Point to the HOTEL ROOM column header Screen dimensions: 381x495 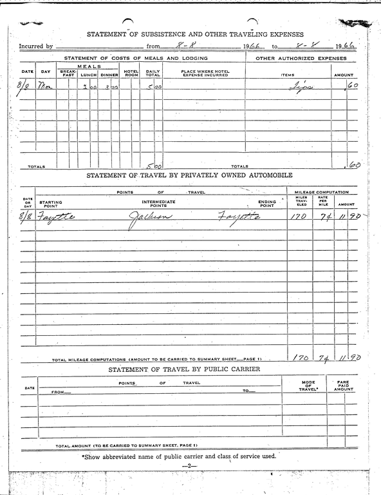pyautogui.click(x=131, y=73)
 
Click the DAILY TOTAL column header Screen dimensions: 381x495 pyautogui.click(x=153, y=73)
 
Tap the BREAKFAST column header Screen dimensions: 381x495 pyautogui.click(x=68, y=73)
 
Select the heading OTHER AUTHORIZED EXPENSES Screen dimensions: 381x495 pyautogui.click(x=301, y=59)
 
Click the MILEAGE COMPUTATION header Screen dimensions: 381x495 pyautogui.click(x=321, y=193)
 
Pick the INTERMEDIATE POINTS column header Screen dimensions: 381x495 pyautogui.click(x=158, y=204)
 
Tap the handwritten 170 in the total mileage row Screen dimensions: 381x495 pyautogui.click(x=299, y=357)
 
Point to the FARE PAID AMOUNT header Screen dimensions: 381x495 pyautogui.click(x=344, y=385)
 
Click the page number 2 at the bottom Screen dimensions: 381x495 pyautogui.click(x=190, y=465)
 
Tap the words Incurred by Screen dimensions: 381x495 pyautogui.click(x=35, y=46)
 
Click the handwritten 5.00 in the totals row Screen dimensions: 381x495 pyautogui.click(x=153, y=166)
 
